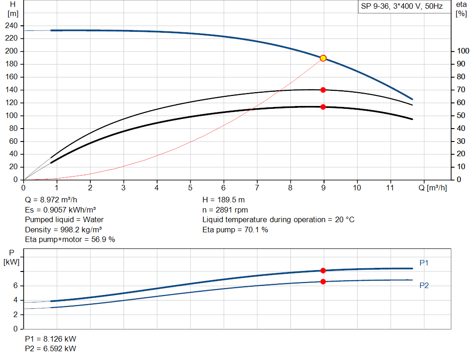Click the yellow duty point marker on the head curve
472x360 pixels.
pyautogui.click(x=323, y=58)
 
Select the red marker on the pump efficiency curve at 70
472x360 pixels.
pyautogui.click(x=323, y=90)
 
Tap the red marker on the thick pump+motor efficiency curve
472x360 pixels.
pyautogui.click(x=323, y=107)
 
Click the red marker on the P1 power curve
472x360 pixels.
pyautogui.click(x=323, y=271)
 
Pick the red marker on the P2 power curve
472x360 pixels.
pyautogui.click(x=323, y=282)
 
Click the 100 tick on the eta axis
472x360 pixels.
pyautogui.click(x=461, y=51)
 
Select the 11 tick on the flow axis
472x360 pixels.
pyautogui.click(x=390, y=188)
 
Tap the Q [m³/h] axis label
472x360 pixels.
pyautogui.click(x=432, y=188)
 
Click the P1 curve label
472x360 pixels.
pyautogui.click(x=424, y=263)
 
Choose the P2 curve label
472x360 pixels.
pyautogui.click(x=424, y=286)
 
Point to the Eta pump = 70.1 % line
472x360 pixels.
pyautogui.click(x=235, y=230)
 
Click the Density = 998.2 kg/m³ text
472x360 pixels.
pyautogui.click(x=64, y=230)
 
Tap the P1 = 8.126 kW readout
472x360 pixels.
pyautogui.click(x=51, y=339)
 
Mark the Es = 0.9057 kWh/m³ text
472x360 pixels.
pyautogui.click(x=60, y=210)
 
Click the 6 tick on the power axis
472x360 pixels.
pyautogui.click(x=15, y=286)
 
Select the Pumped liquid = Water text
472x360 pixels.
pyautogui.click(x=65, y=219)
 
